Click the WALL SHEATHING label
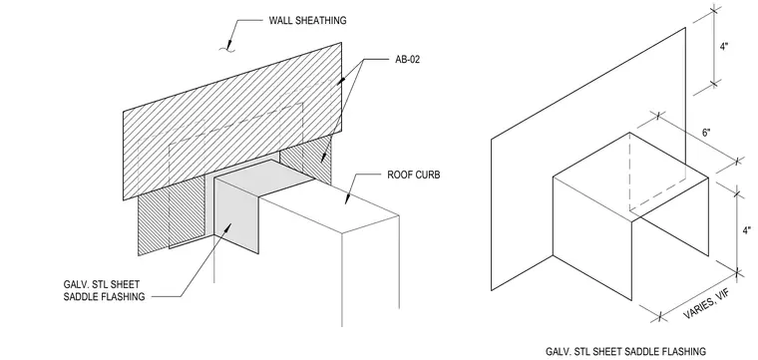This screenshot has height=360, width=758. (x=307, y=20)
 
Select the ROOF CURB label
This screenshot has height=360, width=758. (x=414, y=175)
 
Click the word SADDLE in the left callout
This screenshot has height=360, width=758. (x=83, y=297)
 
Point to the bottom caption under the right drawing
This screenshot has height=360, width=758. (x=625, y=351)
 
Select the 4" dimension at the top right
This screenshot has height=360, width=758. (x=724, y=47)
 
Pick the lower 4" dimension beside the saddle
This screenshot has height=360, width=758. (x=747, y=230)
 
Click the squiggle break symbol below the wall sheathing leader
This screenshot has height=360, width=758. (x=226, y=48)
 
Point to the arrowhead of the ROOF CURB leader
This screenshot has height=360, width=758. (x=346, y=199)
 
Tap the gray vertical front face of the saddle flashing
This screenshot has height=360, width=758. (x=236, y=215)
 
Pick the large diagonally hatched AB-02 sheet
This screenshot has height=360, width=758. (x=232, y=121)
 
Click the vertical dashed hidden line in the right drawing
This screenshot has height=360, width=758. (x=629, y=172)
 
